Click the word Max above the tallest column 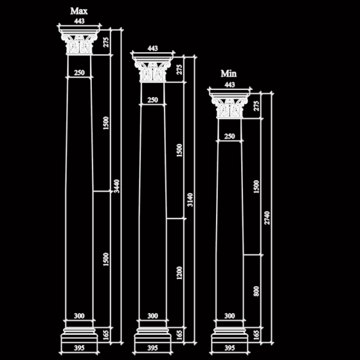(79, 11)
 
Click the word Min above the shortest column (229, 74)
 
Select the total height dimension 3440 (117, 186)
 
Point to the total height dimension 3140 (190, 200)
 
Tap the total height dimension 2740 (267, 218)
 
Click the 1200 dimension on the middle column (179, 273)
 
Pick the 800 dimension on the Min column (256, 291)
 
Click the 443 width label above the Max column (79, 21)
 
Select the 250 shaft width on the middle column (152, 100)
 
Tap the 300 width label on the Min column (229, 316)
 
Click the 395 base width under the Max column (79, 348)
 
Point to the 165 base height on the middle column (179, 335)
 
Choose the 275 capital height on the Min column (256, 106)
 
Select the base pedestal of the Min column (229, 335)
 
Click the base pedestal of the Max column (79, 335)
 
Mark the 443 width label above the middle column (152, 49)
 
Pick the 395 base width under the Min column (229, 348)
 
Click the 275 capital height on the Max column (106, 42)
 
